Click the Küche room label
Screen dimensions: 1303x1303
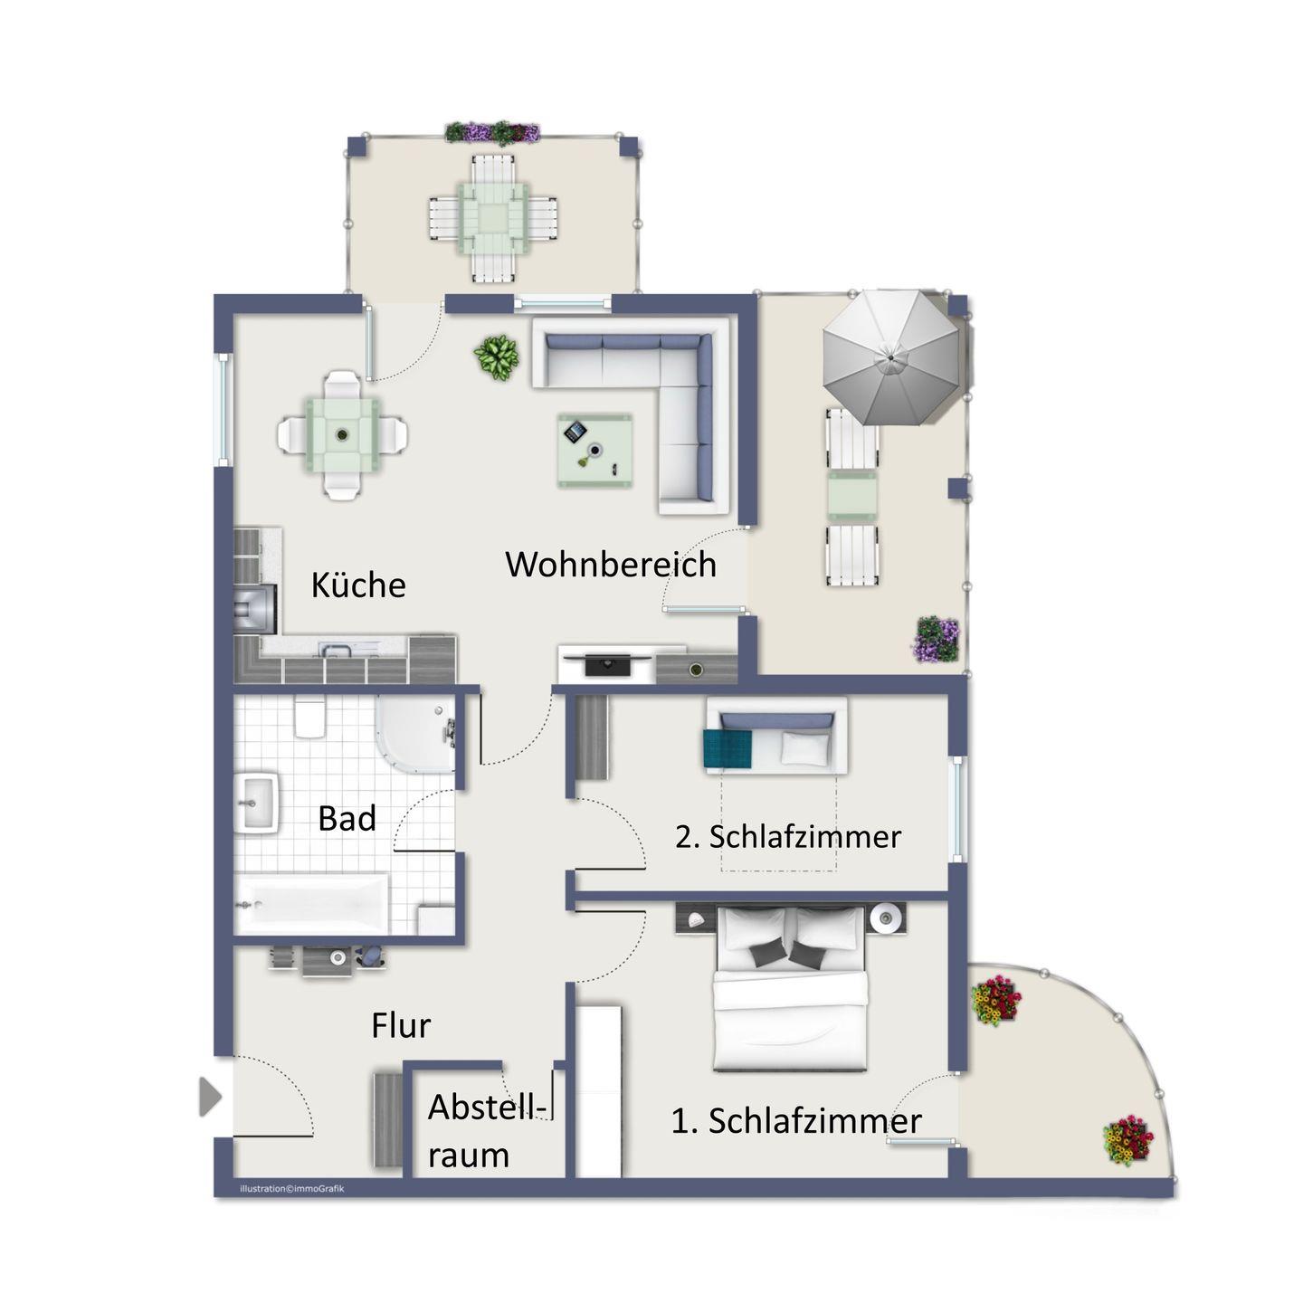(357, 585)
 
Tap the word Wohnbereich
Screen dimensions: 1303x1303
(611, 564)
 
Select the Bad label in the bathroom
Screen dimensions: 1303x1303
(347, 819)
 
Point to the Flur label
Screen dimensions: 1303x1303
(400, 1026)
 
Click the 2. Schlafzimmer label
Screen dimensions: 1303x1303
(788, 837)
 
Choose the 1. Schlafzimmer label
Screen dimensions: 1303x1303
(796, 1121)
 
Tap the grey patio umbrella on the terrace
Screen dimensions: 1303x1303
(891, 357)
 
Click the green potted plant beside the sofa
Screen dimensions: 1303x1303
(497, 357)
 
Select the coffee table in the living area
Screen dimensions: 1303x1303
(595, 451)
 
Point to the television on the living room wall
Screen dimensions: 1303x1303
(607, 663)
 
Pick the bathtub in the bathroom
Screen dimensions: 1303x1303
(311, 904)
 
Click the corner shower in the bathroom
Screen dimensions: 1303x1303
(415, 734)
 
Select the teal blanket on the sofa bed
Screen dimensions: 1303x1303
(728, 748)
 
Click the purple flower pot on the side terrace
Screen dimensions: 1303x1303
(937, 638)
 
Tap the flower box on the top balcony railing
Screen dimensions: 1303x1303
(492, 132)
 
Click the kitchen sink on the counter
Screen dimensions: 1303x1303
(336, 651)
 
